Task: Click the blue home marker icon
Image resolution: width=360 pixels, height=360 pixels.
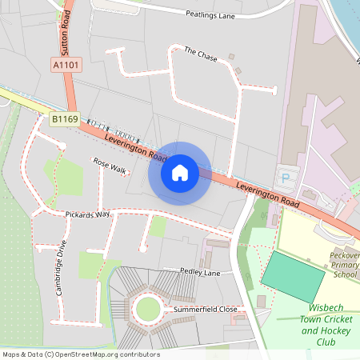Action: [x=179, y=172]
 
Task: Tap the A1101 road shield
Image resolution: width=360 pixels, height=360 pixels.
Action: [x=66, y=64]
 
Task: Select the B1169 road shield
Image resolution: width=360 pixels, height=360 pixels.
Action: [x=64, y=119]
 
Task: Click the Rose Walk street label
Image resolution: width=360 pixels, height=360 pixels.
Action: [x=110, y=166]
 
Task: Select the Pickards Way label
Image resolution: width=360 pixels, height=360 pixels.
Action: [x=87, y=215]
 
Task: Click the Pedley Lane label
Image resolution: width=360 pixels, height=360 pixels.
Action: [x=199, y=273]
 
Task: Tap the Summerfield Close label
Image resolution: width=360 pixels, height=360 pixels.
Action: [x=206, y=309]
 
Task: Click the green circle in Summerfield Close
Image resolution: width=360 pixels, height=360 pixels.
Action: [x=148, y=308]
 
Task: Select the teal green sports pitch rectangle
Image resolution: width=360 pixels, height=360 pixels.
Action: [x=293, y=274]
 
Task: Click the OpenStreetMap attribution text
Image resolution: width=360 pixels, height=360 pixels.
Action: [x=81, y=354]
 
